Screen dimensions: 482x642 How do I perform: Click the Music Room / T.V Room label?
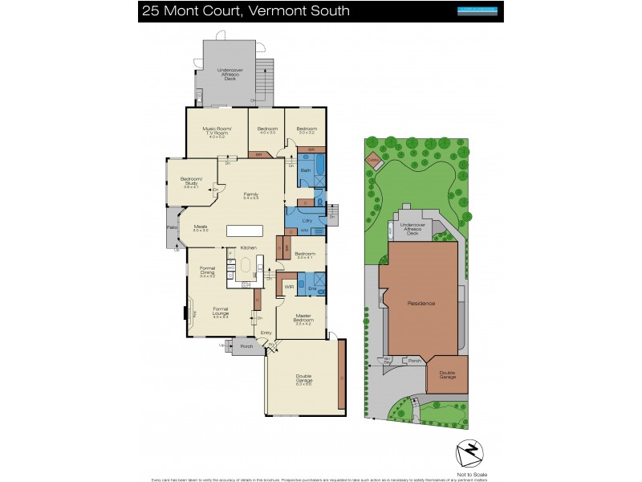[214, 132]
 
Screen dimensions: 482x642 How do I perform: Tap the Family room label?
[250, 195]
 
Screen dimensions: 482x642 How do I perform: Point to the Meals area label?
[201, 228]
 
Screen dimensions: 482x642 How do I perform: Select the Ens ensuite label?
[313, 288]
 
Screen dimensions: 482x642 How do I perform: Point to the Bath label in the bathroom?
[305, 171]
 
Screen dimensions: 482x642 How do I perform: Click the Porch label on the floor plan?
[247, 347]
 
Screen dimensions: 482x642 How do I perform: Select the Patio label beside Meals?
[172, 227]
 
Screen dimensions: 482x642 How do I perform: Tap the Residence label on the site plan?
[421, 303]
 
